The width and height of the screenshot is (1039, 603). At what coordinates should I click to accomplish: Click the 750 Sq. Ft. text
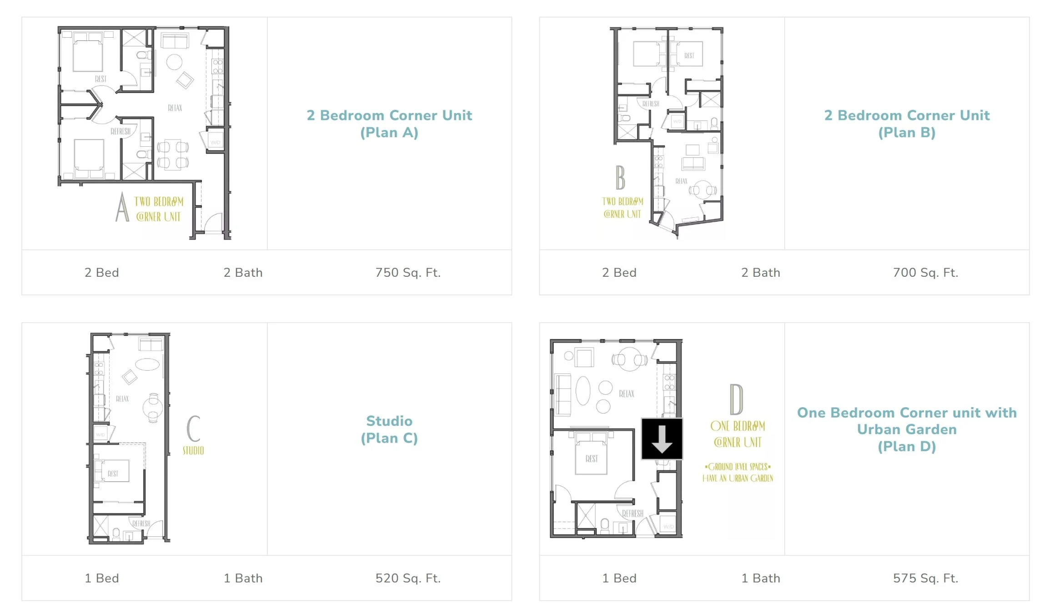408,272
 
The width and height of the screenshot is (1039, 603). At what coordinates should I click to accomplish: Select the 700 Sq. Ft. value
925,272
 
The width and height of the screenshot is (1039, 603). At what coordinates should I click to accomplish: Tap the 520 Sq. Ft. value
408,578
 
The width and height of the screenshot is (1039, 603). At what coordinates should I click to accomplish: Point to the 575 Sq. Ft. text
925,578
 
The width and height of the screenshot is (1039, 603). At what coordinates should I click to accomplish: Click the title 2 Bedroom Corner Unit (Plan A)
389,124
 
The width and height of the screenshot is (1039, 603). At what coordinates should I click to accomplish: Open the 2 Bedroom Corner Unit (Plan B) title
907,124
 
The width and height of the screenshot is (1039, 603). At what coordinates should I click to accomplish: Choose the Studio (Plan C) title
389,429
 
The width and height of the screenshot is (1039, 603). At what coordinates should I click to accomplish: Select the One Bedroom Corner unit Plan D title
907,429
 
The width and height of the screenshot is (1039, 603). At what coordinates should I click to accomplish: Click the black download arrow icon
662,439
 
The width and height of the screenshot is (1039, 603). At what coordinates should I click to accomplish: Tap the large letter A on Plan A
122,208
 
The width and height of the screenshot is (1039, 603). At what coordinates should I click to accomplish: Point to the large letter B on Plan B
620,178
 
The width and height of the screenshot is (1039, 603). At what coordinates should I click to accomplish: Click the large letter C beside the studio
194,428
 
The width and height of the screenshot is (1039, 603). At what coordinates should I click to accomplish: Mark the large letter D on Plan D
736,399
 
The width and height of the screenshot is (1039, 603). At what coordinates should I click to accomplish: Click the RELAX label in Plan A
175,108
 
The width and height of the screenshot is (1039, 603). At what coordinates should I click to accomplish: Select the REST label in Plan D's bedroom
592,459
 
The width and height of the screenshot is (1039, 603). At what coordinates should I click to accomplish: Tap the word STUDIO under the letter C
193,451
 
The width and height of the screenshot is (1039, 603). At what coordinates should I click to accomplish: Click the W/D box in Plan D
668,526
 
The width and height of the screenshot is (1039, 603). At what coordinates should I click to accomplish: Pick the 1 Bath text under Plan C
243,578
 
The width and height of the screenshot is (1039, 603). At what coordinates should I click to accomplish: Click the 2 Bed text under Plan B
619,272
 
